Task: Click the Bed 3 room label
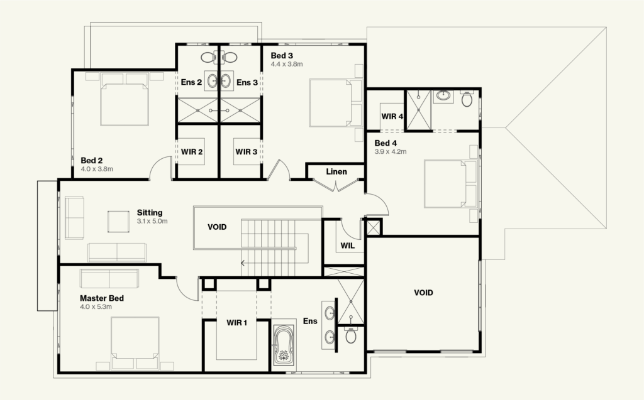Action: click(x=282, y=55)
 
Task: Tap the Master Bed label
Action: click(x=101, y=298)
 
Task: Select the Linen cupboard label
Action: click(x=336, y=171)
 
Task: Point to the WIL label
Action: click(x=347, y=246)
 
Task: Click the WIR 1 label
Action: click(x=237, y=323)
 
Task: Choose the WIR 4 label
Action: click(x=392, y=116)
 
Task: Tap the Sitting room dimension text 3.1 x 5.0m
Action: click(x=152, y=221)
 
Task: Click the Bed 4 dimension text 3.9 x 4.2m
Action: click(x=391, y=151)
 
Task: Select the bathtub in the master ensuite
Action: click(x=284, y=345)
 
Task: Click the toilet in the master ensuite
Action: click(x=350, y=335)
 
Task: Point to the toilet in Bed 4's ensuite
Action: click(x=467, y=99)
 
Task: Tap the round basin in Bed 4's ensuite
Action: click(x=442, y=96)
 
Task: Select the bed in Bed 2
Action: click(x=124, y=99)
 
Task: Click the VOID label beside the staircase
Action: click(x=217, y=227)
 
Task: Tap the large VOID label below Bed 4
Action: click(x=423, y=293)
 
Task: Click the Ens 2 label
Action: click(x=191, y=82)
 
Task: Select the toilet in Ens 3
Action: click(x=230, y=58)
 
